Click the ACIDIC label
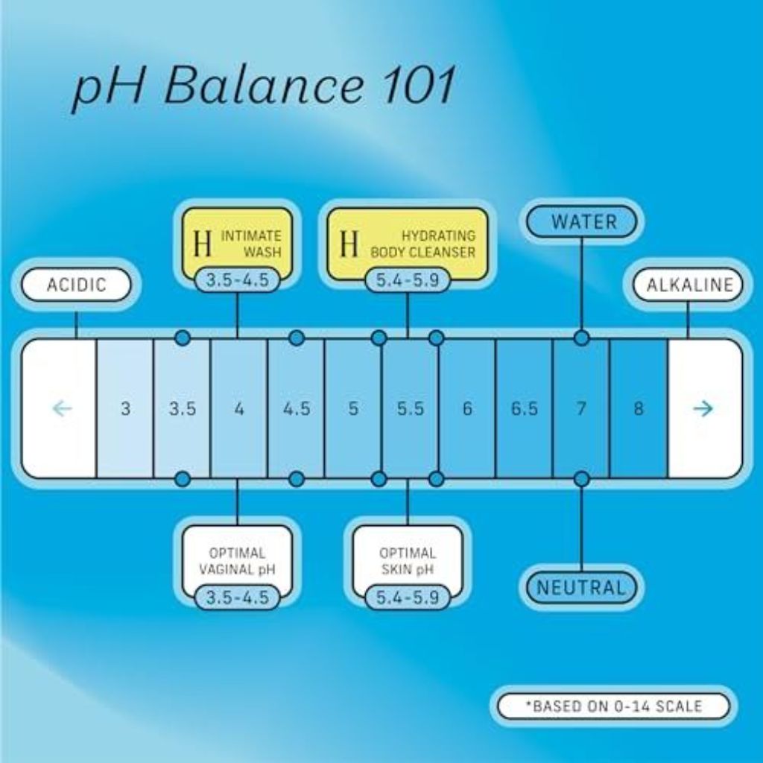click(77, 285)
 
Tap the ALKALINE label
click(688, 285)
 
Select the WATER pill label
click(582, 222)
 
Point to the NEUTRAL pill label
click(582, 587)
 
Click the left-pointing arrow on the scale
click(62, 408)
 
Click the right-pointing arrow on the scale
click(703, 408)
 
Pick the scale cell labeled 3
click(125, 408)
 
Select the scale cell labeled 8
click(639, 408)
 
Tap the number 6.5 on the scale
click(524, 409)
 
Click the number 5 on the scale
click(353, 409)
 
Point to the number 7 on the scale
click(581, 409)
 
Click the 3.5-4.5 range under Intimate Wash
click(238, 280)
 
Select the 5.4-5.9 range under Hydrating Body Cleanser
click(408, 280)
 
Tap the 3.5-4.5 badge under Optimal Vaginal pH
click(238, 598)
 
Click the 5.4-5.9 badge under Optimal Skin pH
click(408, 598)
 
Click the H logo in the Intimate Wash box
click(203, 244)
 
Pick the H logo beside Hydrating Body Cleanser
click(349, 244)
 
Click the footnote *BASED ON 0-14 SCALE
click(614, 706)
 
